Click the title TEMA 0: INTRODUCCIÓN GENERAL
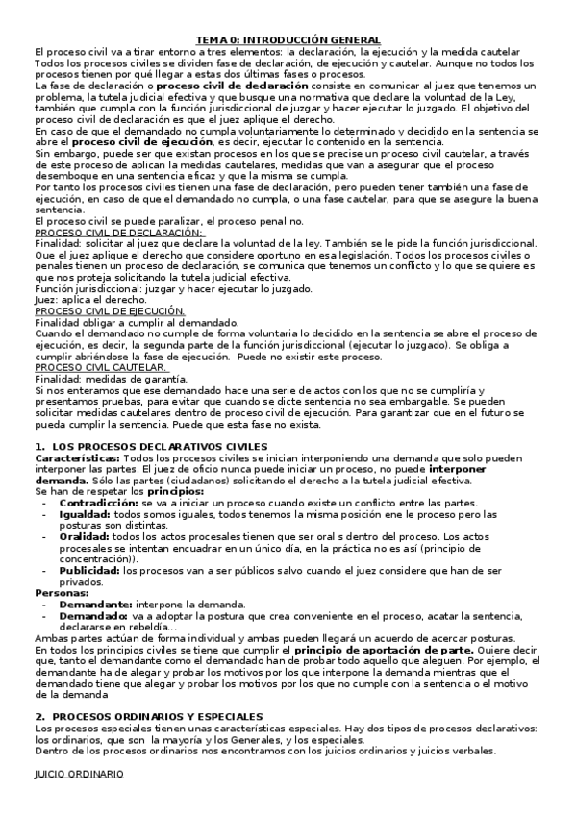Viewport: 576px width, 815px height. pyautogui.click(x=288, y=39)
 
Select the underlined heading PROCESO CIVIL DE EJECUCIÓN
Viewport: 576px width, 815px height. pyautogui.click(x=110, y=311)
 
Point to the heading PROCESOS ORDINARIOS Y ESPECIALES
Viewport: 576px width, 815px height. pyautogui.click(x=157, y=717)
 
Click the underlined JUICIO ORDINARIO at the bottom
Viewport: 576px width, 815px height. pyautogui.click(x=79, y=774)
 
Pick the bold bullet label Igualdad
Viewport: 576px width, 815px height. pyautogui.click(x=84, y=515)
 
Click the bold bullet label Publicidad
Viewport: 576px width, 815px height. pyautogui.click(x=88, y=570)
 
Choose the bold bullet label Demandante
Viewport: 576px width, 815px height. pyautogui.click(x=94, y=605)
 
